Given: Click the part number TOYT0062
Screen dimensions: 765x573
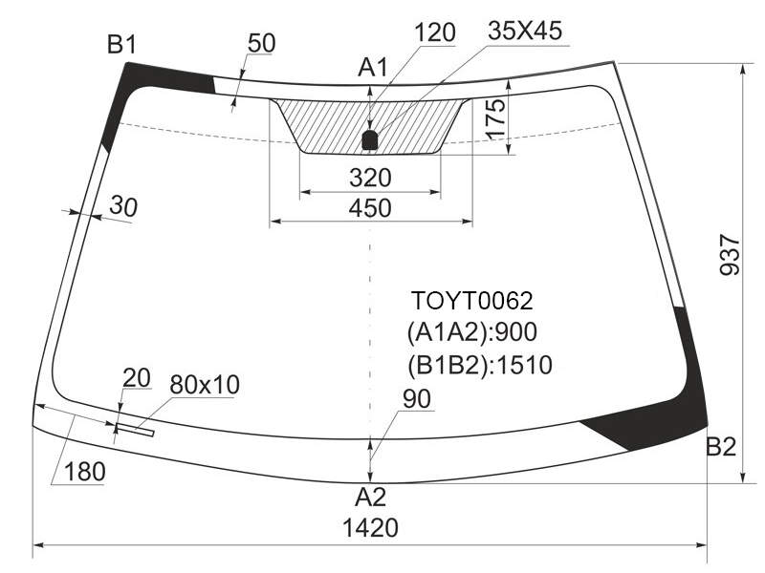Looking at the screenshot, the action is (x=471, y=301).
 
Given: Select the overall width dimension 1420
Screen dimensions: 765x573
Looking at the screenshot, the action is (x=370, y=528).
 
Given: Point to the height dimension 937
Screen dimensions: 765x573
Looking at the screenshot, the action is (x=731, y=255).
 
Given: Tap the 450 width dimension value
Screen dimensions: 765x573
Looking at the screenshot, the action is (x=370, y=208).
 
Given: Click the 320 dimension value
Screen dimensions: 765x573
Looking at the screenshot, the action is (x=370, y=178).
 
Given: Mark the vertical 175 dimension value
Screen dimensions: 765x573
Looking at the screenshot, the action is (x=495, y=119).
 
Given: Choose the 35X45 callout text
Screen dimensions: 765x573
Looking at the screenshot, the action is (x=525, y=31).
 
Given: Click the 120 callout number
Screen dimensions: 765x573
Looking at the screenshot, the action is (x=435, y=32).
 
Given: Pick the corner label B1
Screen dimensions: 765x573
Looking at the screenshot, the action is (x=122, y=45).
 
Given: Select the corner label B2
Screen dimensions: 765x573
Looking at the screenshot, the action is (x=721, y=446).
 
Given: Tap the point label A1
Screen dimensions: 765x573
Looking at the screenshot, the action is (x=372, y=67).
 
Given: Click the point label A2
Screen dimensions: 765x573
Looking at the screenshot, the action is (x=370, y=498).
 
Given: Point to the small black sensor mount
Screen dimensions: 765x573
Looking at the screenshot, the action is (x=370, y=139).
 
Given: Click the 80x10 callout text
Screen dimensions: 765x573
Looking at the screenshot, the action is (x=205, y=385).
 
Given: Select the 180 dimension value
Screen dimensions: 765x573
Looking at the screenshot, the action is (x=85, y=472).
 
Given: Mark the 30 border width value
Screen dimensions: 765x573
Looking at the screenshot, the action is (x=123, y=206).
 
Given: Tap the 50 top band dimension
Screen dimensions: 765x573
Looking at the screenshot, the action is (x=261, y=43).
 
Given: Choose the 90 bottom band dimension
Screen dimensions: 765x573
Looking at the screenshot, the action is (x=417, y=398).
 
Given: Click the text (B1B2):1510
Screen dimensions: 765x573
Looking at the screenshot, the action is (x=480, y=365).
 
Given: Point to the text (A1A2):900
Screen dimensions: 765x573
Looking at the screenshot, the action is (x=471, y=332).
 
